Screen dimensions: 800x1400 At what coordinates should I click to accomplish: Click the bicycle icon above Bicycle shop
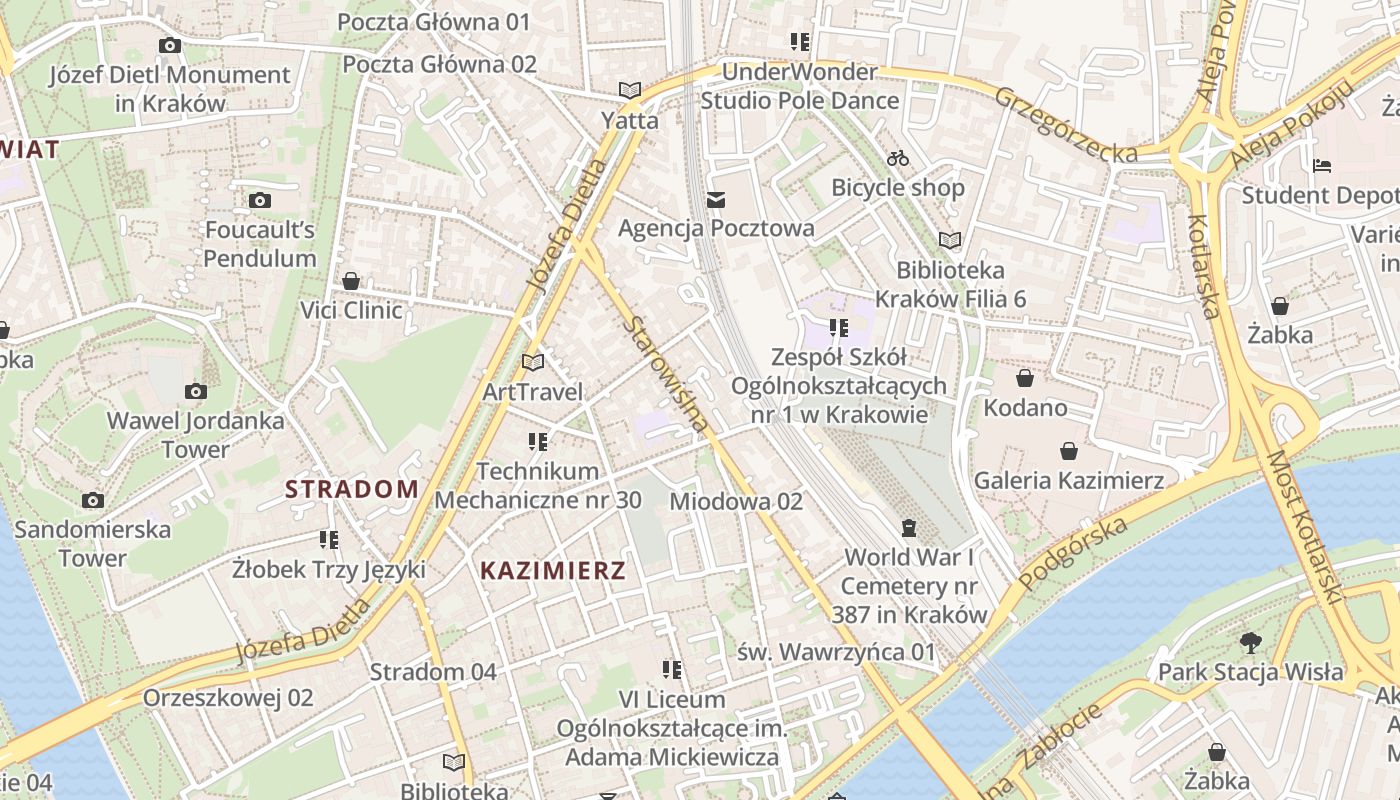coord(898,158)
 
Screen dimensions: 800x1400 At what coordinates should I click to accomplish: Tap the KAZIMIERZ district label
coord(553,571)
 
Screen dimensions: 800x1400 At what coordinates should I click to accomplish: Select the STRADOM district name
coord(352,489)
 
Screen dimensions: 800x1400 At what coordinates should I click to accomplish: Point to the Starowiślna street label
coord(667,374)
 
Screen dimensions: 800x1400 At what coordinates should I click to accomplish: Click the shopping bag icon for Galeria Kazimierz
coord(1069,451)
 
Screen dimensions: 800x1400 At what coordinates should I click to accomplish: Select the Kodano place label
coord(1025,408)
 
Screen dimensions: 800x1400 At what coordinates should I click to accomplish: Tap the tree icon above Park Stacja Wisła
coord(1250,642)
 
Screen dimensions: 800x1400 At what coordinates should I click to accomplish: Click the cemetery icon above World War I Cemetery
coord(909,527)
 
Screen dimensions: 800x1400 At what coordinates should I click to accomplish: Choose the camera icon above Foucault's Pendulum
coord(260,201)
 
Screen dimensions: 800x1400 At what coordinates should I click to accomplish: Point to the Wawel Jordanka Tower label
coord(196,435)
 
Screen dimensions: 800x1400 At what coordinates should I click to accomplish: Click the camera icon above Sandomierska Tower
coord(93,500)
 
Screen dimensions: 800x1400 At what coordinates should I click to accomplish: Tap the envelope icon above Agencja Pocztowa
coord(716,200)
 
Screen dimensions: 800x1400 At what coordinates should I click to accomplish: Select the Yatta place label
coord(630,121)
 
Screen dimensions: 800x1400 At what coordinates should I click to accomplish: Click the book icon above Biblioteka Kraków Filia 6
coord(949,240)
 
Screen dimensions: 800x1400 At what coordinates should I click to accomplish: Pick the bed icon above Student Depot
coord(1322,165)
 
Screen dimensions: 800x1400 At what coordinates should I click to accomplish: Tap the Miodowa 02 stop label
coord(736,501)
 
